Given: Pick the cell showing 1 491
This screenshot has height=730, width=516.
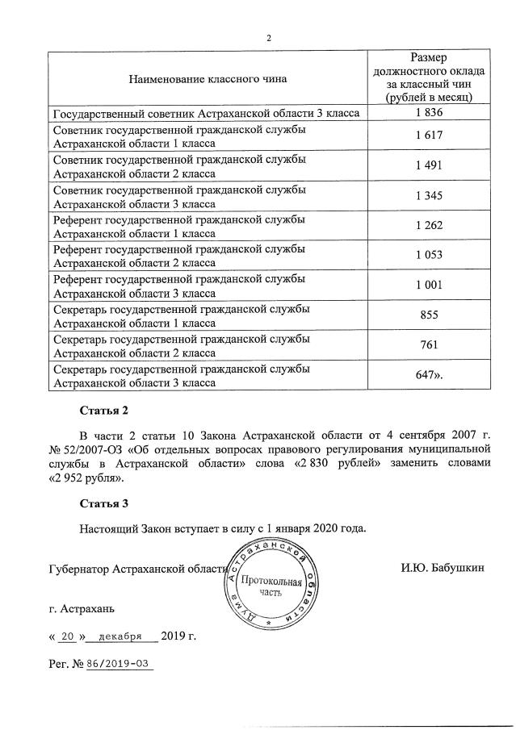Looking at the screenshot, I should [430, 165].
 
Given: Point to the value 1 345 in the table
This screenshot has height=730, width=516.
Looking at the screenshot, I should [430, 195].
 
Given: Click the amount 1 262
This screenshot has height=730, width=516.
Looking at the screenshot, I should [430, 225].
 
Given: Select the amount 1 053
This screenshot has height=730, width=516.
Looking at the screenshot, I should [430, 255].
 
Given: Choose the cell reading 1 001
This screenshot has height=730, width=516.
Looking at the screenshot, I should [430, 285].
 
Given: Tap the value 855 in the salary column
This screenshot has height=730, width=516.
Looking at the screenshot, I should [430, 315].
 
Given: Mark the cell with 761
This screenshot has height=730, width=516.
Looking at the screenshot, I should [430, 345].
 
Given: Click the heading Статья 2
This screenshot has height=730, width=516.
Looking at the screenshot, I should [104, 411].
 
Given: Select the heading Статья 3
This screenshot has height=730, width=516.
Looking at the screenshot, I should [104, 505].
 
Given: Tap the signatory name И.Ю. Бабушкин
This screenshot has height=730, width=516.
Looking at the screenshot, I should [442, 568].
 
